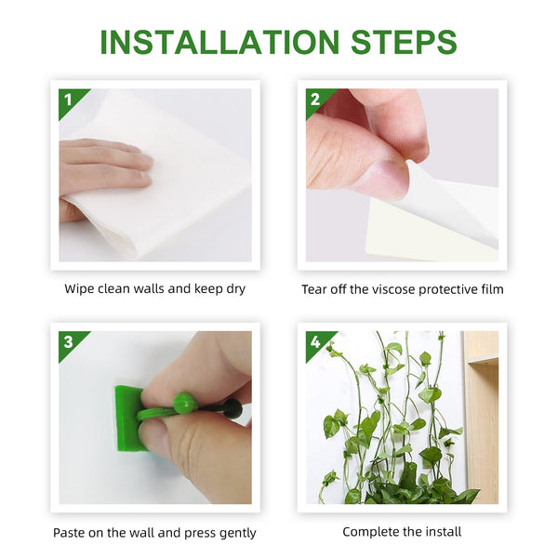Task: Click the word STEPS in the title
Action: click(396, 42)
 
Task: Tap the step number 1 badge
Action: click(68, 99)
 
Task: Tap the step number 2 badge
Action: click(315, 99)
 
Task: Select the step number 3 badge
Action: click(68, 341)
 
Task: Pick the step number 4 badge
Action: click(315, 341)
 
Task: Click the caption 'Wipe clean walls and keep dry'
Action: click(154, 289)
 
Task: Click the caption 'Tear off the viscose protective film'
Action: click(402, 289)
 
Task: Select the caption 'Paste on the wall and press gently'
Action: click(154, 533)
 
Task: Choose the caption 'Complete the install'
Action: click(402, 532)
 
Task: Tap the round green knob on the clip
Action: click(184, 402)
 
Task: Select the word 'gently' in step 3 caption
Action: click(235, 533)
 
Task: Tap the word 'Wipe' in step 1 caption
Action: click(79, 289)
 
